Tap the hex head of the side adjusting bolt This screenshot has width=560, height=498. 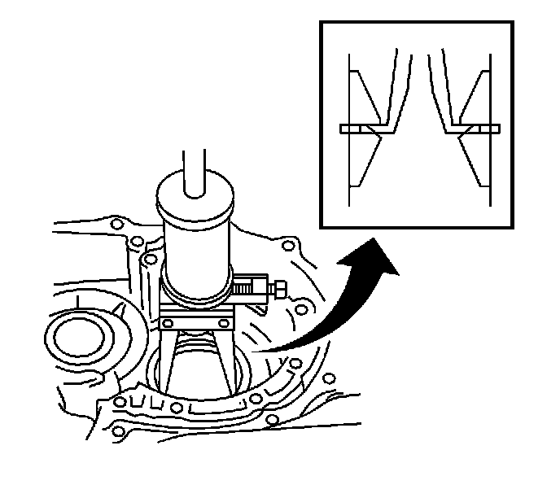click(279, 289)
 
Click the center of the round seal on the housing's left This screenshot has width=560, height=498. click(81, 334)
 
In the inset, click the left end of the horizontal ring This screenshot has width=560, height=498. click(343, 128)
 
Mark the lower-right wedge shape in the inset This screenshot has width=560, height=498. click(475, 159)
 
